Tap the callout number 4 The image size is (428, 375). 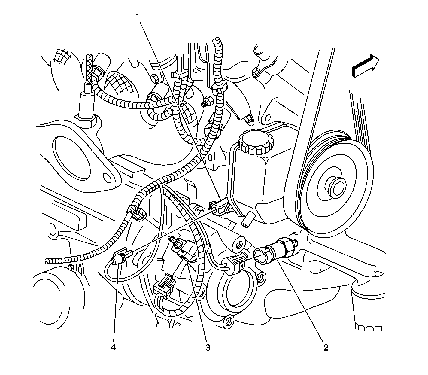point(113,348)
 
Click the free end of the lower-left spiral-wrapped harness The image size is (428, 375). point(47,261)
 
